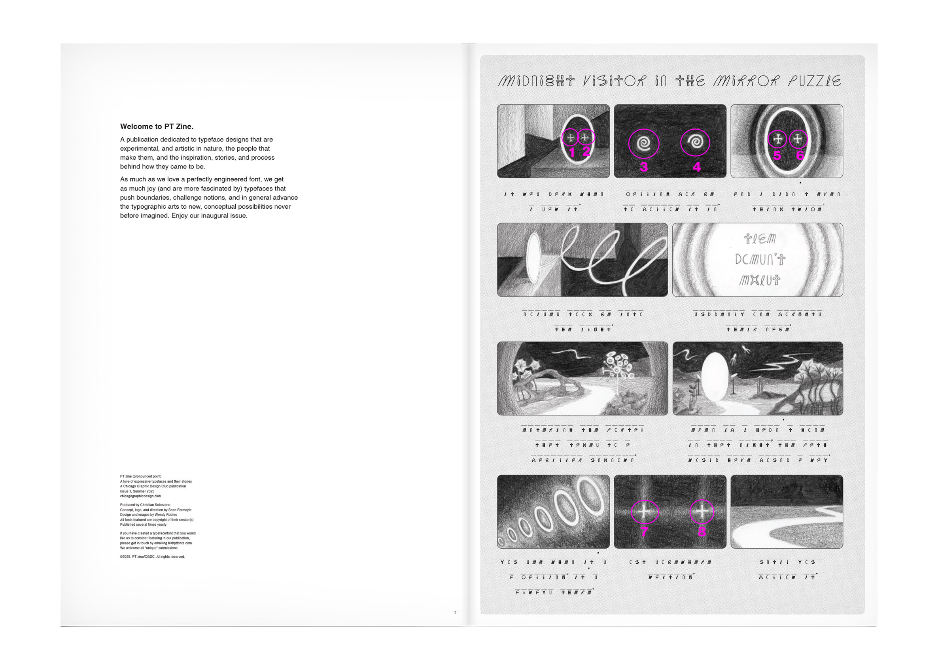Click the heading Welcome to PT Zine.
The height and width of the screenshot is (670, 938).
coord(157,126)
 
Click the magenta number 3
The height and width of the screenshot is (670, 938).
coord(643,167)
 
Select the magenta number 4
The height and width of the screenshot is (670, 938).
coord(697,167)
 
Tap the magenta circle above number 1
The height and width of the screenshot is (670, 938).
coord(570,138)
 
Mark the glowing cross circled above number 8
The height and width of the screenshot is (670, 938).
coord(702,511)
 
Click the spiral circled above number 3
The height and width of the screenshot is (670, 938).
coord(643,143)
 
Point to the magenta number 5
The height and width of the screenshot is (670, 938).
coord(777,155)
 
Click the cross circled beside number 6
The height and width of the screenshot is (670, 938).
coord(798,139)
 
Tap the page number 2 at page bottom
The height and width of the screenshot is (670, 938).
coord(455,612)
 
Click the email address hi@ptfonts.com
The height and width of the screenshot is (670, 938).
coord(180,544)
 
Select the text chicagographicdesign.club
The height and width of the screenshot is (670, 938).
coord(140,496)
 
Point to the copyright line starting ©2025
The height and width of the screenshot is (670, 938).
coord(152,557)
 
